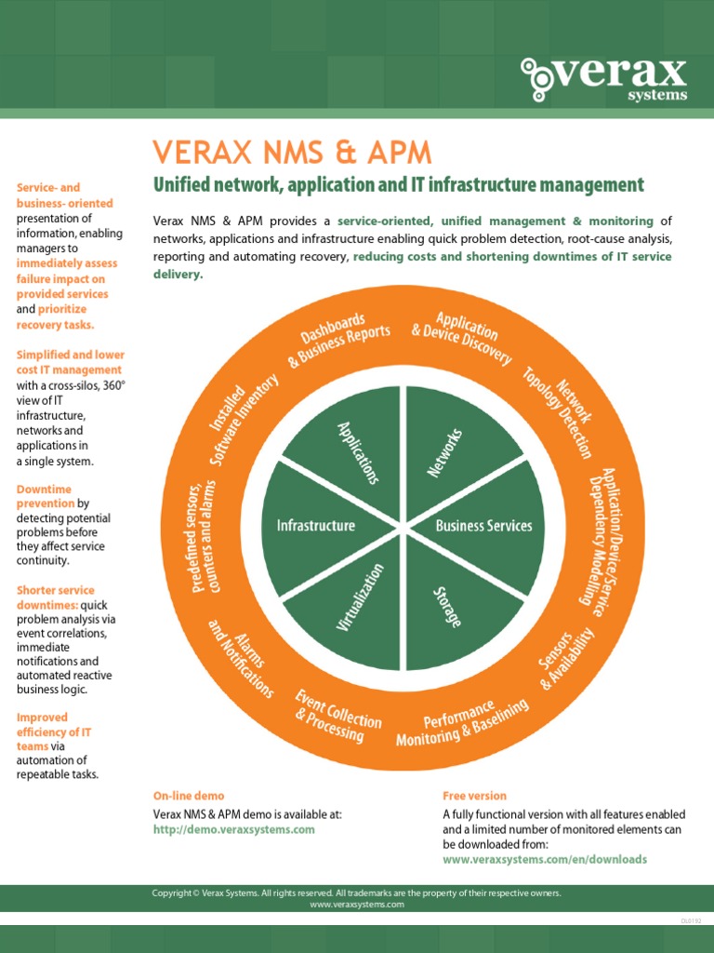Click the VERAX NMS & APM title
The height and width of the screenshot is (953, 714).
click(x=292, y=153)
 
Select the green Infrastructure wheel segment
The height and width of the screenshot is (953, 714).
click(x=316, y=526)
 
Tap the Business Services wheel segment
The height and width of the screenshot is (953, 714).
click(x=484, y=526)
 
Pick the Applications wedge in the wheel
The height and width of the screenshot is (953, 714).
click(x=357, y=452)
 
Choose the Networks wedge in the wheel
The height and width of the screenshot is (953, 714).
click(x=445, y=452)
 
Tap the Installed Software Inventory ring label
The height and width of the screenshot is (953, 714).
click(x=243, y=414)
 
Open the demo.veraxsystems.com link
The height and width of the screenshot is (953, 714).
click(x=234, y=829)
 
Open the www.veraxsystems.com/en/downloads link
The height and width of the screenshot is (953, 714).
click(x=545, y=859)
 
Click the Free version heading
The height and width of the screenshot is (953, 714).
click(x=474, y=796)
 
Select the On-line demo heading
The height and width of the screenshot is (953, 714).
click(x=189, y=796)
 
